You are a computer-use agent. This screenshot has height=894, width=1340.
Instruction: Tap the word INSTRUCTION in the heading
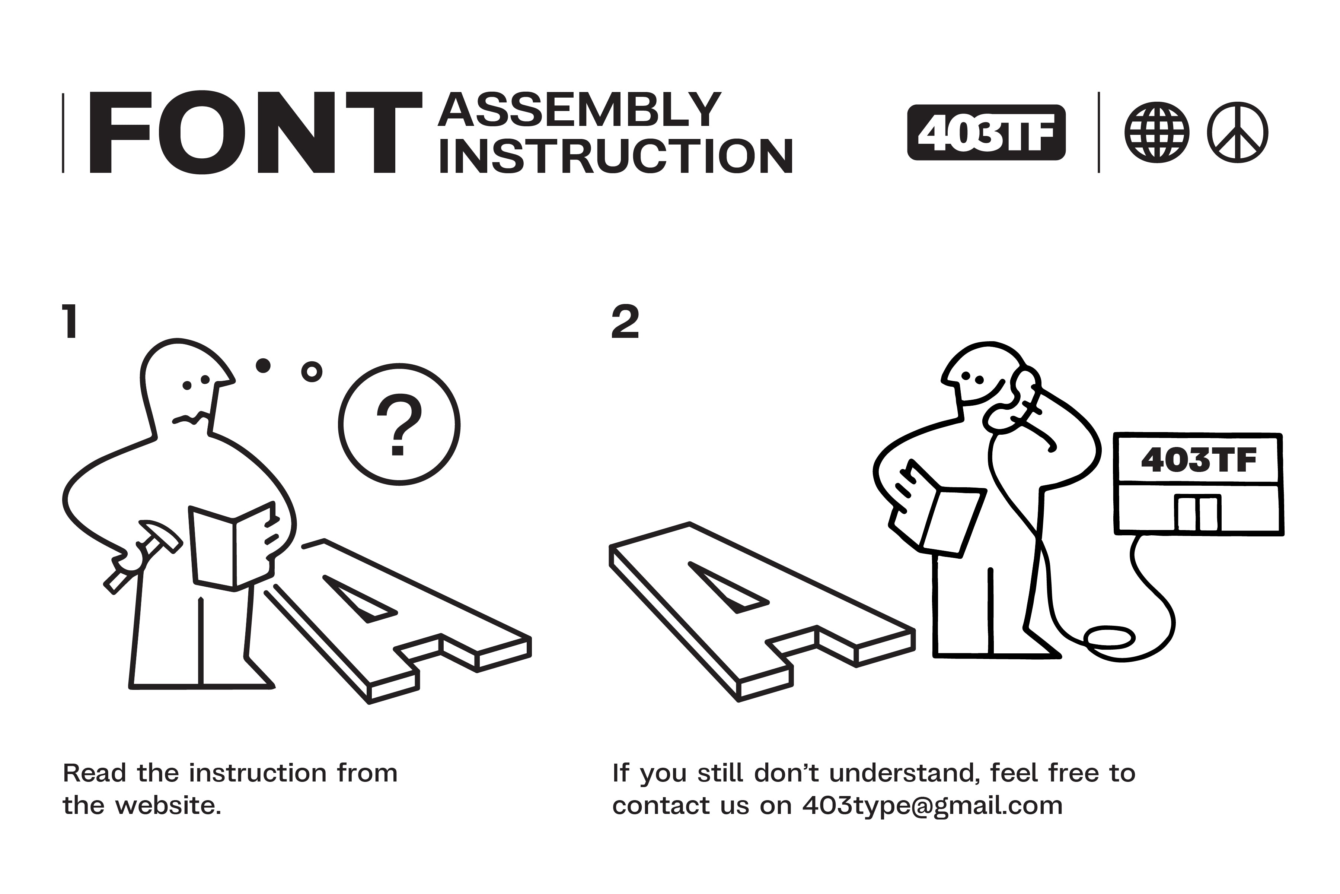(615, 156)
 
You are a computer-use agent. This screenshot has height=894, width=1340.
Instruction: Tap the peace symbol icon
(1237, 132)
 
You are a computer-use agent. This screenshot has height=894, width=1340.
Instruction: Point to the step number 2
(625, 322)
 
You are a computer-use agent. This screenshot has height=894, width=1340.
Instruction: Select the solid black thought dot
(263, 365)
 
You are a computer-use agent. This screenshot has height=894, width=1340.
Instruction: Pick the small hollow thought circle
(312, 372)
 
